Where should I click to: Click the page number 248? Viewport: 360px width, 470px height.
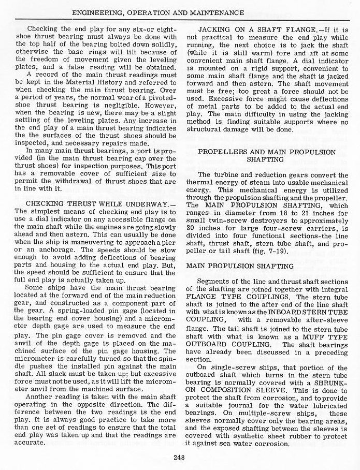179,457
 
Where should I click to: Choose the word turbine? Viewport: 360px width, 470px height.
229,174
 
